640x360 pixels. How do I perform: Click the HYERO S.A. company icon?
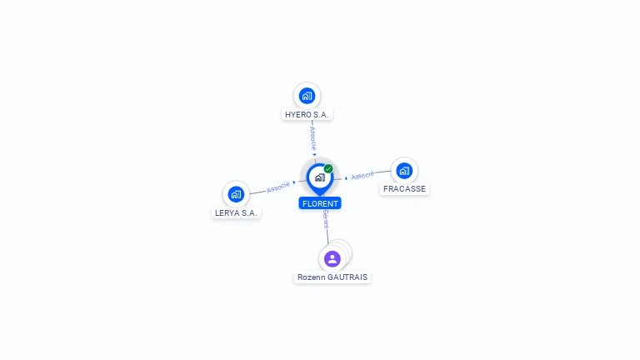click(x=307, y=95)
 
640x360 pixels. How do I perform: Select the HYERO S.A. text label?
click(x=307, y=114)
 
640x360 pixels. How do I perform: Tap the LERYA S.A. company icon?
click(x=237, y=194)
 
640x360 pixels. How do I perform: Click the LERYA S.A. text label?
click(x=237, y=212)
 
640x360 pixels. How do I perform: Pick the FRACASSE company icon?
click(x=404, y=171)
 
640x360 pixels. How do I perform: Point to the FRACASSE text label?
click(x=404, y=189)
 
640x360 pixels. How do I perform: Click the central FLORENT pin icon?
click(x=319, y=177)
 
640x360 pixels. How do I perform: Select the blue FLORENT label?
click(x=320, y=202)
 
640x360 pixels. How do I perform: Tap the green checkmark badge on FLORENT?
click(x=328, y=168)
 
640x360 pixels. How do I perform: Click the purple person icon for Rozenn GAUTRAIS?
click(x=332, y=258)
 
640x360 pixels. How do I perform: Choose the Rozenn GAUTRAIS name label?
click(x=332, y=277)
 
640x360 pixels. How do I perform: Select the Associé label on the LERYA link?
click(x=278, y=187)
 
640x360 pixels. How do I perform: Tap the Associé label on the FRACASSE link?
click(x=362, y=176)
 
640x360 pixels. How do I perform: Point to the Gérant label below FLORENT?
click(x=326, y=219)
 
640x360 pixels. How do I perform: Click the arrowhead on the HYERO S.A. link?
click(x=314, y=154)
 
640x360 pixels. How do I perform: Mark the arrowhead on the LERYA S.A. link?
click(x=294, y=182)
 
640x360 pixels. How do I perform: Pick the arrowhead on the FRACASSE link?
click(x=346, y=177)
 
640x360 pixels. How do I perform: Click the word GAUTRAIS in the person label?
click(x=347, y=277)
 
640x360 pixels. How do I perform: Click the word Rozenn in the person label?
click(x=312, y=277)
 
